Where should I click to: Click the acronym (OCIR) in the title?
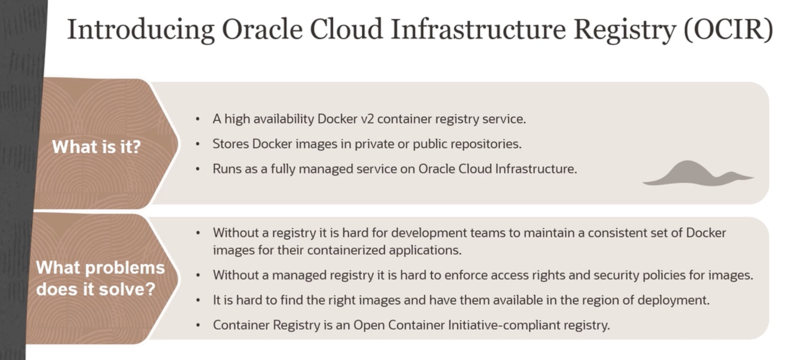[x=728, y=29]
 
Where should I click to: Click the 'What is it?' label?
[x=96, y=147]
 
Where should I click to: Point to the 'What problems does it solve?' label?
[x=100, y=278]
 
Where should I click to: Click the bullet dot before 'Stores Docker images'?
[x=198, y=144]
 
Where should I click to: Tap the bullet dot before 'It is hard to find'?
[x=198, y=301]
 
